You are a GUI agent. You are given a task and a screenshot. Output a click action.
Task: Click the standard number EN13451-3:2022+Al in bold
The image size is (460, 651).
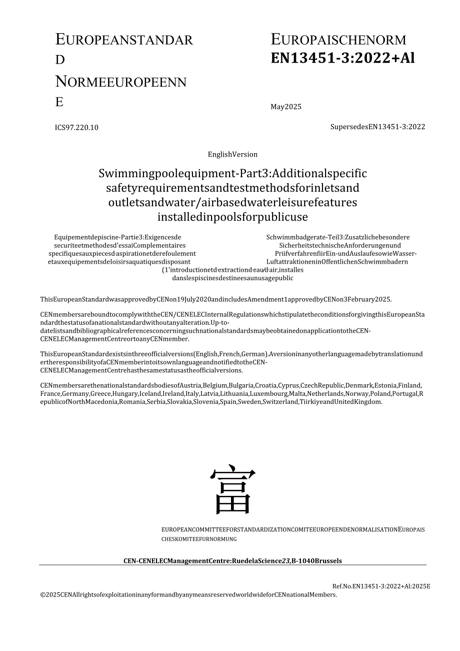[342, 59]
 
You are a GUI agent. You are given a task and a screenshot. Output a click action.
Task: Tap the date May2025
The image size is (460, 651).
[286, 107]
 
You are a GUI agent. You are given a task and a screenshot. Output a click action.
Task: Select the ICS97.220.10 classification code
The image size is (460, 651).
[76, 127]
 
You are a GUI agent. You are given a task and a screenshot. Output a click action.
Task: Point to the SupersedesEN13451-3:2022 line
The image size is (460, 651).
[377, 127]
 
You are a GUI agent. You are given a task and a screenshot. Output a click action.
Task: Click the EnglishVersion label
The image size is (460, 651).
[232, 155]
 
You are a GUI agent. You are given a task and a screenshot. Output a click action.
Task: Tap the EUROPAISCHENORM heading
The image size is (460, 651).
[338, 40]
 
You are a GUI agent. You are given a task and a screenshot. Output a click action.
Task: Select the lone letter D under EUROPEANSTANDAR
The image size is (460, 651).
[60, 60]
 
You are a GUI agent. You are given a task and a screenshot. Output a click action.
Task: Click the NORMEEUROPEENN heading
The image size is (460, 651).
[120, 82]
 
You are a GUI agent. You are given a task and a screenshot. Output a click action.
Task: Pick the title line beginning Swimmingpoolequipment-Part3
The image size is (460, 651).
[232, 174]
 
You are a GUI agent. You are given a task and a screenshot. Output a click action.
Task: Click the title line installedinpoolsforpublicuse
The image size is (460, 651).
[232, 217]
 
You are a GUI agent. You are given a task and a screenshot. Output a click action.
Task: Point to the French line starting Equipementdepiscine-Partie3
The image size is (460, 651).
[117, 237]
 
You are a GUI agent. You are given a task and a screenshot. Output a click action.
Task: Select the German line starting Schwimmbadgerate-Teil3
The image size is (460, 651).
[338, 237]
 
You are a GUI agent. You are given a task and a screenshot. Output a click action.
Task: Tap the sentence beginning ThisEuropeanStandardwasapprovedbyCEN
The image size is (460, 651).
[216, 300]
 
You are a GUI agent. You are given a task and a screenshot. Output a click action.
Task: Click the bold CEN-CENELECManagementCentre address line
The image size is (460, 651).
[232, 561]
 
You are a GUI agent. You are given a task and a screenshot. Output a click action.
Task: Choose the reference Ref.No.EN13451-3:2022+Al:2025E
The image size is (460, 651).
[381, 586]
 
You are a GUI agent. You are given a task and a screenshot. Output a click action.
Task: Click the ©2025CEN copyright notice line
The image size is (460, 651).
[188, 595]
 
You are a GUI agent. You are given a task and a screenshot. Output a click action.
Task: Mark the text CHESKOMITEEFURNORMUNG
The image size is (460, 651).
[198, 539]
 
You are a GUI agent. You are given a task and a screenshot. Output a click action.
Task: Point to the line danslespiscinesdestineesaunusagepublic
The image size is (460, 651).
[232, 278]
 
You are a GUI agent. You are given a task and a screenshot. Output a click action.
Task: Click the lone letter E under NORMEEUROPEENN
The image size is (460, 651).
[59, 102]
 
